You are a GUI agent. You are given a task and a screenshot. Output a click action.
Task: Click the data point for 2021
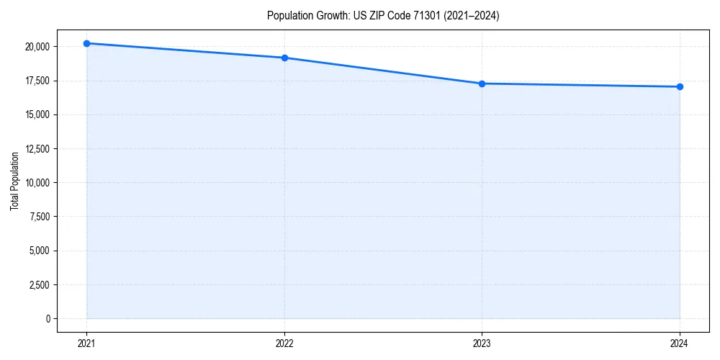86,43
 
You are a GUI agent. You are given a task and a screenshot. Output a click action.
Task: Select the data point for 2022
284,58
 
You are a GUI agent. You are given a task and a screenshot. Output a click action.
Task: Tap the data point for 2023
482,84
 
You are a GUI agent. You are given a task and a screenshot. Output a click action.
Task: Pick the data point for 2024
680,86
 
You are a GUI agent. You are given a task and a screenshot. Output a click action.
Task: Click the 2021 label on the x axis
86,343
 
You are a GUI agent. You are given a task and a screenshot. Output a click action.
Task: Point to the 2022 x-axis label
284,343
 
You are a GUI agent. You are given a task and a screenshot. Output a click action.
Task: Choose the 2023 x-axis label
482,343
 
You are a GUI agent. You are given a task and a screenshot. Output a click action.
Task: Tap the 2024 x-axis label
680,343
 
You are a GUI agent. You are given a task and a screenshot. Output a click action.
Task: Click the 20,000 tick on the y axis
37,47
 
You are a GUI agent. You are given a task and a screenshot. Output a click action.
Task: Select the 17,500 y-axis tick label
37,81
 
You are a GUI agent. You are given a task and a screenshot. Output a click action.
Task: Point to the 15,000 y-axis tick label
37,114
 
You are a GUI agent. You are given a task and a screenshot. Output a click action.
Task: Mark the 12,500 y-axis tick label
37,149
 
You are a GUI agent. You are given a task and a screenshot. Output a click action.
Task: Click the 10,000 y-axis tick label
37,183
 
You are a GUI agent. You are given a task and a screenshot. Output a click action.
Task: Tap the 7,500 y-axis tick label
39,217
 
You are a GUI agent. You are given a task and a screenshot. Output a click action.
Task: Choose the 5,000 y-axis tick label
39,251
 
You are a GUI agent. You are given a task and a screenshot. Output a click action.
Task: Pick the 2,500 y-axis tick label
39,284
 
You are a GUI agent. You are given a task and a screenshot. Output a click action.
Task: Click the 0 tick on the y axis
48,318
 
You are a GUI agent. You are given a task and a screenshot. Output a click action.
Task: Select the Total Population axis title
14,181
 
